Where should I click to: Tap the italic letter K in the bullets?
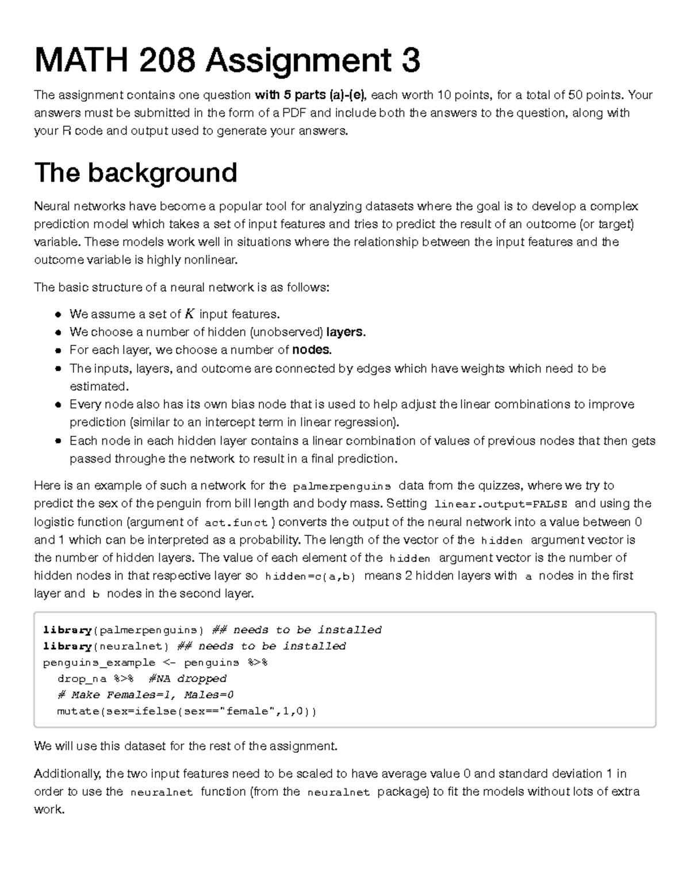point(190,314)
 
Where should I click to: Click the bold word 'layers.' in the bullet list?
point(346,332)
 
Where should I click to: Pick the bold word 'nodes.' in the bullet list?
point(312,350)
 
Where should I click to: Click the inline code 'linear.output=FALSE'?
point(501,504)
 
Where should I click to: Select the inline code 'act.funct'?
point(236,523)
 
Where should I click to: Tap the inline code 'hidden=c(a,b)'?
point(310,576)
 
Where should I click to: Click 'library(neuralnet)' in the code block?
point(106,646)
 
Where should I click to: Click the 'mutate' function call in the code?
point(78,711)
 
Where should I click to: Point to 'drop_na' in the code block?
point(82,679)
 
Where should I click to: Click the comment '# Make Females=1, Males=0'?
point(145,695)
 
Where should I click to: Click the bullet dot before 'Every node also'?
point(58,405)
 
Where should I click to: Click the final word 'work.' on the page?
point(49,810)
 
